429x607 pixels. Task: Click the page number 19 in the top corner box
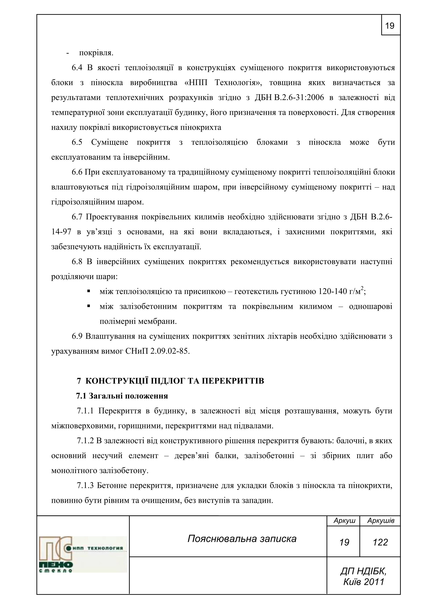390,26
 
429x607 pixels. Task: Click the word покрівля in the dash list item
96,53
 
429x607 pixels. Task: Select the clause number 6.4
77,68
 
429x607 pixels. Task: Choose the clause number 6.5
77,143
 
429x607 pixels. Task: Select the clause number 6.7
77,217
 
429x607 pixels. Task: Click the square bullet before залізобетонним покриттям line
89,306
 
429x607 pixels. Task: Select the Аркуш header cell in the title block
344,520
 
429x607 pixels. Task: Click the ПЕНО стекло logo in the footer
83,554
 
